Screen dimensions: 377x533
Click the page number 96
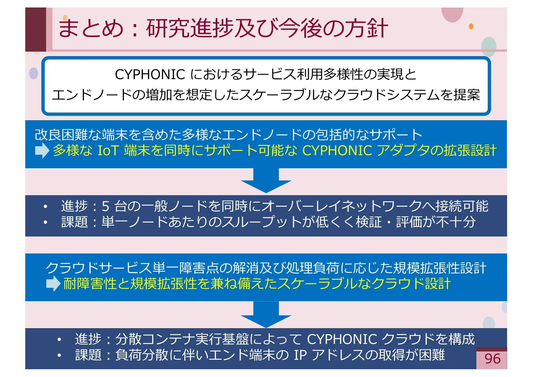click(492, 359)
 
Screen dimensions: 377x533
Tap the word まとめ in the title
click(91, 28)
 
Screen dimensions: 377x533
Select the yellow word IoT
click(108, 150)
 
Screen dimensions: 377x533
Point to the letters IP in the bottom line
click(300, 355)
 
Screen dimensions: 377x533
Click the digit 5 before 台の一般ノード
click(105, 206)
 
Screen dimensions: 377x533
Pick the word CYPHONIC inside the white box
click(150, 74)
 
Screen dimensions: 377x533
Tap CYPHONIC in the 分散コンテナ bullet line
click(342, 339)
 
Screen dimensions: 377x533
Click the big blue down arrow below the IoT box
click(266, 181)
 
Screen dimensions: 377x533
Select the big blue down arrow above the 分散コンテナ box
click(266, 315)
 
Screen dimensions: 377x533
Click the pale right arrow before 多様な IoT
click(42, 150)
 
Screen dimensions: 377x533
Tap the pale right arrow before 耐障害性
click(53, 284)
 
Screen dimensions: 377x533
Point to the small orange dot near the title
click(471, 26)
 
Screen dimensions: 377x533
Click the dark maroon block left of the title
click(36, 29)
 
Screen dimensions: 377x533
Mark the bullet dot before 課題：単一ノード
click(45, 222)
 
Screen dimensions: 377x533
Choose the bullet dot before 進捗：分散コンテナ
click(59, 339)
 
